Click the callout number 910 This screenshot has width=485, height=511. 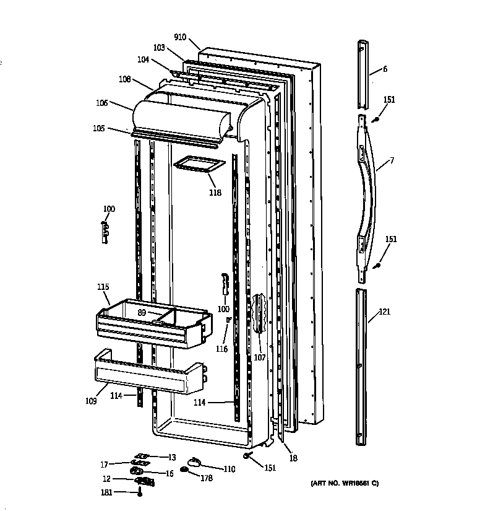180,37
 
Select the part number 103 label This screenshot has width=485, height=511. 159,48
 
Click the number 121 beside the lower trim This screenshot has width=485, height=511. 385,312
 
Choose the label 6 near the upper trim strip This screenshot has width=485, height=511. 385,69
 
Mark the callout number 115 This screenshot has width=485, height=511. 103,287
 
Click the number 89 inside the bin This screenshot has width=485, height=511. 142,313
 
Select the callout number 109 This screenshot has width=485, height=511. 91,401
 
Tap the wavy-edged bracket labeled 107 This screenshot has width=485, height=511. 259,313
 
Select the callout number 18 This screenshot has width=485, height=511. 293,458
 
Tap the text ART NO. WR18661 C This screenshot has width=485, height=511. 343,483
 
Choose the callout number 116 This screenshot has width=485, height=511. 221,349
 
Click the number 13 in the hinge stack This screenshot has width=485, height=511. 171,457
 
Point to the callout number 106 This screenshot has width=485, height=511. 102,103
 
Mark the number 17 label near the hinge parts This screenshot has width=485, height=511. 105,464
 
